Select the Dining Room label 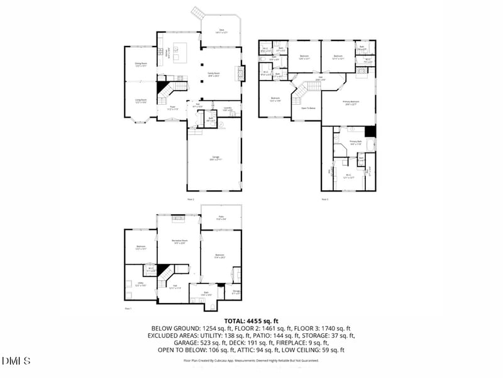(x=141, y=64)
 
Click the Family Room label (x=214, y=74)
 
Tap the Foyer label (x=172, y=108)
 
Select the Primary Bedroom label (x=350, y=103)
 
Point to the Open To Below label (x=308, y=108)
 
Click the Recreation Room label (x=179, y=241)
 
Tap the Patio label (x=221, y=218)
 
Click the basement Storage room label (x=236, y=292)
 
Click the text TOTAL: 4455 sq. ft (x=251, y=321)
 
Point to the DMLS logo (x=16, y=361)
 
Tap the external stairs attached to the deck (x=198, y=13)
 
